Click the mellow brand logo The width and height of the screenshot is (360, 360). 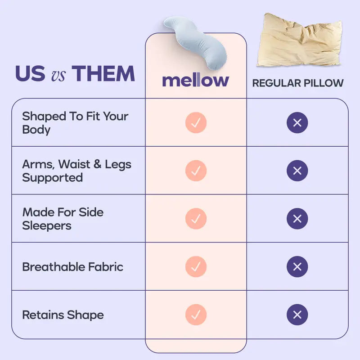(x=195, y=81)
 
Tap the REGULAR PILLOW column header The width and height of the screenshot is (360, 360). (x=297, y=83)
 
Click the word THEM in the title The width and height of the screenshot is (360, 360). (x=103, y=74)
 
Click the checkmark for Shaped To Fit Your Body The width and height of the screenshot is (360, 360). (x=196, y=122)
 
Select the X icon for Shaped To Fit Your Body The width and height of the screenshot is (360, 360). (x=297, y=122)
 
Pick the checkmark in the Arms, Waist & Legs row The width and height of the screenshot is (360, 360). (x=196, y=171)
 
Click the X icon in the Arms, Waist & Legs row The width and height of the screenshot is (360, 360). (x=297, y=171)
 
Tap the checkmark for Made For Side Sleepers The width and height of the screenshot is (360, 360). (x=196, y=219)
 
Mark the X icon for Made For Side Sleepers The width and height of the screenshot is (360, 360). (x=297, y=219)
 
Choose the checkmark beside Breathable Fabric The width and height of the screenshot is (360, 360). (x=196, y=266)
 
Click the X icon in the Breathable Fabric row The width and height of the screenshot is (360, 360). (x=297, y=266)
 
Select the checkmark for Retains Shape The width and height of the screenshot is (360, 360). (x=196, y=315)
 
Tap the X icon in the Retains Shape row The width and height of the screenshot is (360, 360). (x=297, y=315)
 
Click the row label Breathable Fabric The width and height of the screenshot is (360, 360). (x=72, y=267)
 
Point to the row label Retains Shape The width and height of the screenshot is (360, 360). (x=63, y=315)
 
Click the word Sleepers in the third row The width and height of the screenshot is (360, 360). (x=47, y=225)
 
